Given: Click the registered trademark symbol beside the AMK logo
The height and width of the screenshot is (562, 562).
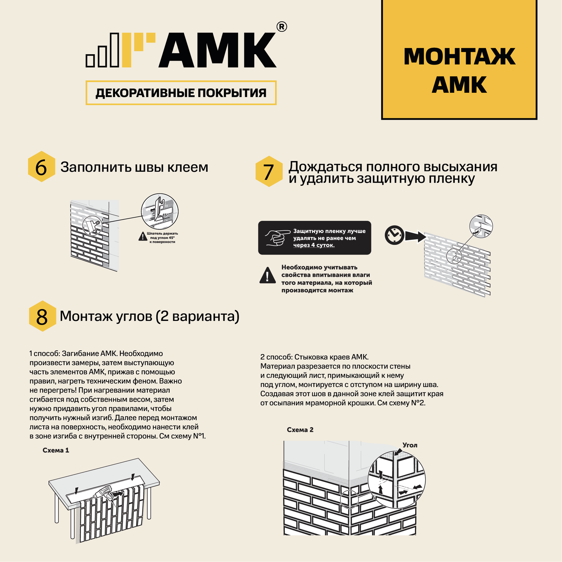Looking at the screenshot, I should point(281,27).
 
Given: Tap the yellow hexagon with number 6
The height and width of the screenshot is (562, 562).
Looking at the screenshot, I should point(42,167).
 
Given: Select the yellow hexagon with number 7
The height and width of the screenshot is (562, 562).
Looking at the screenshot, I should point(269,171).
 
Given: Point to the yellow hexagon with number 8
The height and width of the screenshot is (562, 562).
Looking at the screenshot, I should point(42,316).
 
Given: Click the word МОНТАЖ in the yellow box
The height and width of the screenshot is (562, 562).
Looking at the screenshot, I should point(459,56).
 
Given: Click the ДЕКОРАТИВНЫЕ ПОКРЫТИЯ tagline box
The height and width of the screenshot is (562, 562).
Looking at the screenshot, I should point(181,93).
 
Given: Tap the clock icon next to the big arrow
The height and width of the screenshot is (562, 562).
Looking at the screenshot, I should point(394,235).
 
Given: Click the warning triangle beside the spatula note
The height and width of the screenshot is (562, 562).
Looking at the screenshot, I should point(142,237).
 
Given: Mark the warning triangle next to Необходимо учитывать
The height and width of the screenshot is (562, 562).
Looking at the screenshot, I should point(267,275).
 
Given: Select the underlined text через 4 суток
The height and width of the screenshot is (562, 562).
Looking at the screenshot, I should point(314,245).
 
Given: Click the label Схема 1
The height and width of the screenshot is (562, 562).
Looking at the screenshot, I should point(56,450).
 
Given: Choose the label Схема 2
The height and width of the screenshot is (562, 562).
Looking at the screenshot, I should point(300,430).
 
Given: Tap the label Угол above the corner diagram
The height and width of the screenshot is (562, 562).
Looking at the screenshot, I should point(410,445).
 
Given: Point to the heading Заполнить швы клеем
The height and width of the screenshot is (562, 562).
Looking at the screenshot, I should point(134,167).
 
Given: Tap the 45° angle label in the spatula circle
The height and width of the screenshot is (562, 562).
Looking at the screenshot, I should point(165,215).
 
